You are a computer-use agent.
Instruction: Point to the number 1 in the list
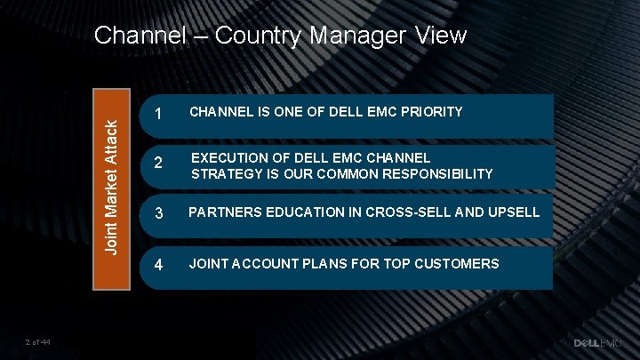point(157,114)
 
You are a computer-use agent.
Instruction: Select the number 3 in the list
point(158,214)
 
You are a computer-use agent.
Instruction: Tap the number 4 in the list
point(158,265)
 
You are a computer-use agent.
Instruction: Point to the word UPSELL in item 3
point(514,212)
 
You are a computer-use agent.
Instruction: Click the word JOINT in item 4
point(207,263)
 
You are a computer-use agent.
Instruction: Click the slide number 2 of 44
point(38,342)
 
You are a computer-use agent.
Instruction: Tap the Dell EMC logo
point(600,342)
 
